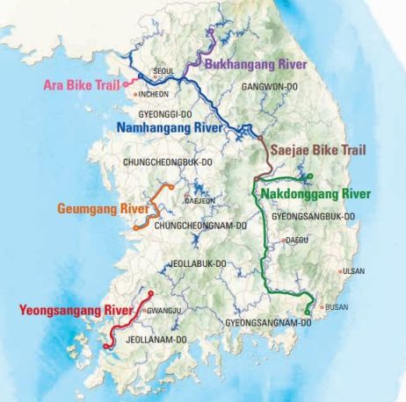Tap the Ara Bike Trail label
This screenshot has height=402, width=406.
(80, 85)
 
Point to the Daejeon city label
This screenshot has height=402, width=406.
(200, 200)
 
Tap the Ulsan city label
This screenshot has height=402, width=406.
(353, 271)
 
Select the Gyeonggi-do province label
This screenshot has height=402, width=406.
(167, 114)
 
